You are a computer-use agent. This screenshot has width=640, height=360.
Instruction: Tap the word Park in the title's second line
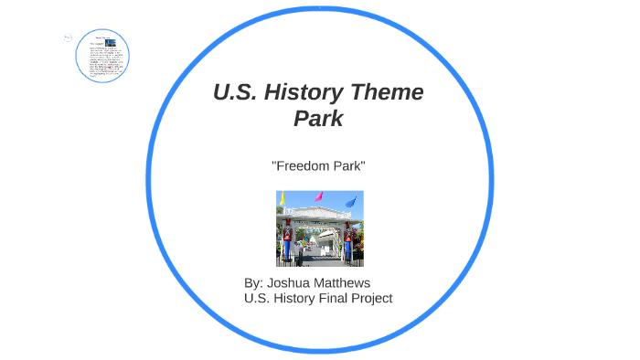click(x=318, y=119)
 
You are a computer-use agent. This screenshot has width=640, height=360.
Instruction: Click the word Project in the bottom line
click(x=371, y=298)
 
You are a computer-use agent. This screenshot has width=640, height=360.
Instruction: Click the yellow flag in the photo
click(x=283, y=198)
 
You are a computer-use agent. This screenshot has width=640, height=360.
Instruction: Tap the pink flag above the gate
click(x=319, y=196)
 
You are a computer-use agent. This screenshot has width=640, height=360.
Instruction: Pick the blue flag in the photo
click(x=351, y=201)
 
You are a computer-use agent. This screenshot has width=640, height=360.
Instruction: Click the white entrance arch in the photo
click(x=319, y=220)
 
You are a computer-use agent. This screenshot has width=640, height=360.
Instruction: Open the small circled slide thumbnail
click(x=102, y=55)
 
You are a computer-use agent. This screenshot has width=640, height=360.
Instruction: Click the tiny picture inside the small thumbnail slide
click(x=111, y=43)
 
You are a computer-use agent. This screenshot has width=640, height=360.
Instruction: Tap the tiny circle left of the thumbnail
click(x=69, y=37)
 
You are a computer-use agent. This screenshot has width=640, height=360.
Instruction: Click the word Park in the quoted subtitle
click(x=348, y=165)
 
